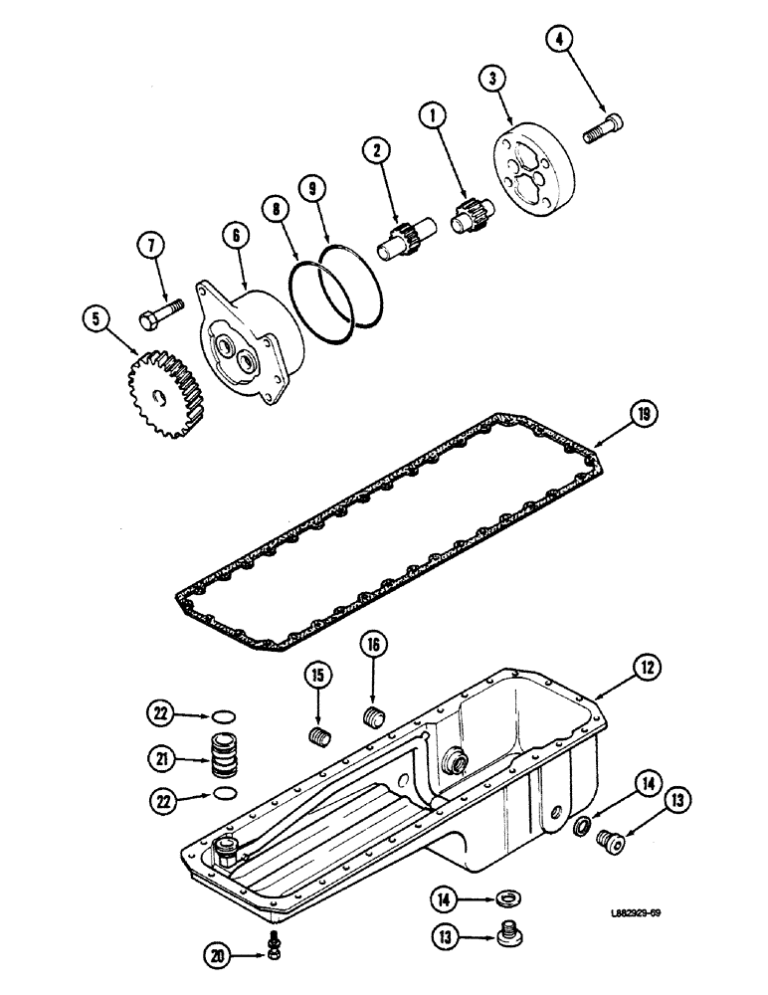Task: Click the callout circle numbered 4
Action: click(x=560, y=40)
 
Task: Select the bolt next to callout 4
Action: click(x=605, y=128)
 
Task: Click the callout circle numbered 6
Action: click(x=236, y=234)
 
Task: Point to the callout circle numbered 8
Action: click(x=274, y=207)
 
